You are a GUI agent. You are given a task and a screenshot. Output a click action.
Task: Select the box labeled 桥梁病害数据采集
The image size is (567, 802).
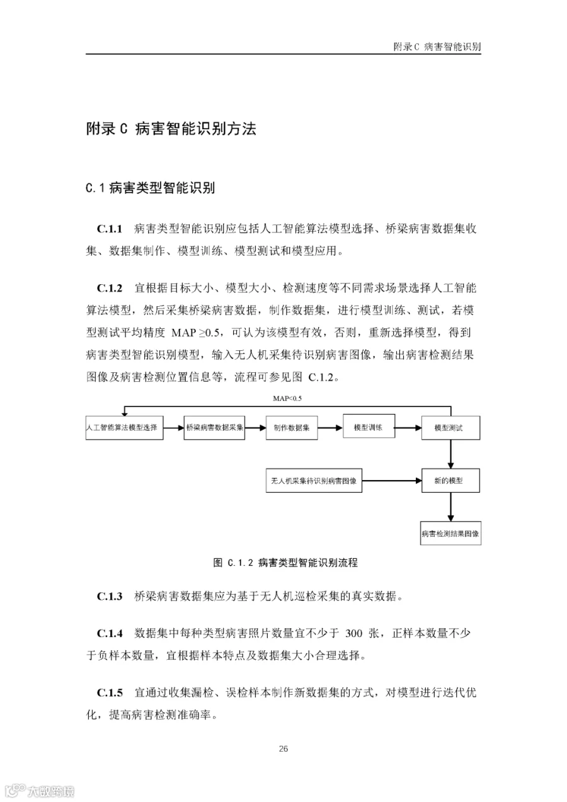[214, 427]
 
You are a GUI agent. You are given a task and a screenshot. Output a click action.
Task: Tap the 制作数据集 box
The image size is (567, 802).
[291, 427]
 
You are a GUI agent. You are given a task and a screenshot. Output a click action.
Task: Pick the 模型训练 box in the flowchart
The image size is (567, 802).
[369, 427]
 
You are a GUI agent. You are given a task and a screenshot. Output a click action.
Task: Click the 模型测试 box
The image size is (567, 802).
[450, 428]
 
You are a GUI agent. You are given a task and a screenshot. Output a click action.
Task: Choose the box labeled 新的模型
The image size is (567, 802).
[450, 481]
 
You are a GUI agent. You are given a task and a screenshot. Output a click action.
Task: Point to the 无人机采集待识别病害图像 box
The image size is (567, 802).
[314, 481]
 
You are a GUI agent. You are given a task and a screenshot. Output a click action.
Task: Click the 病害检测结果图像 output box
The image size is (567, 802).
[450, 534]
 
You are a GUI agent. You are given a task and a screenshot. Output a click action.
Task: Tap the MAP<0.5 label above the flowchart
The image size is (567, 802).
[287, 399]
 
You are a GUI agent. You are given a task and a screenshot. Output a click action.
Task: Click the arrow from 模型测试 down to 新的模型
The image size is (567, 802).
[450, 454]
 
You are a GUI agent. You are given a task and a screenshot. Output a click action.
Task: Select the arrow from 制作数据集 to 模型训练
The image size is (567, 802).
[330, 427]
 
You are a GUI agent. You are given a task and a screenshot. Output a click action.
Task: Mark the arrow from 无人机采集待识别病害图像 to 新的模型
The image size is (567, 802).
[392, 481]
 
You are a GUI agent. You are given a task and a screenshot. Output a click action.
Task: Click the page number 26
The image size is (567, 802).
[283, 748]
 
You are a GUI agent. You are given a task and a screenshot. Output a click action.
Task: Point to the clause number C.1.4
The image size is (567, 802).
[110, 632]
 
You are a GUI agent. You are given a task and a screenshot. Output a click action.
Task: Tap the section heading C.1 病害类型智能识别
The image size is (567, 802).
[151, 187]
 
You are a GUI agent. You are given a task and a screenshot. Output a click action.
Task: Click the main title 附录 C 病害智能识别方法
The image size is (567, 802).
[171, 129]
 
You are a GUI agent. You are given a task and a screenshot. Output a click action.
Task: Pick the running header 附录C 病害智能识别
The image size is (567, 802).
[437, 46]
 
